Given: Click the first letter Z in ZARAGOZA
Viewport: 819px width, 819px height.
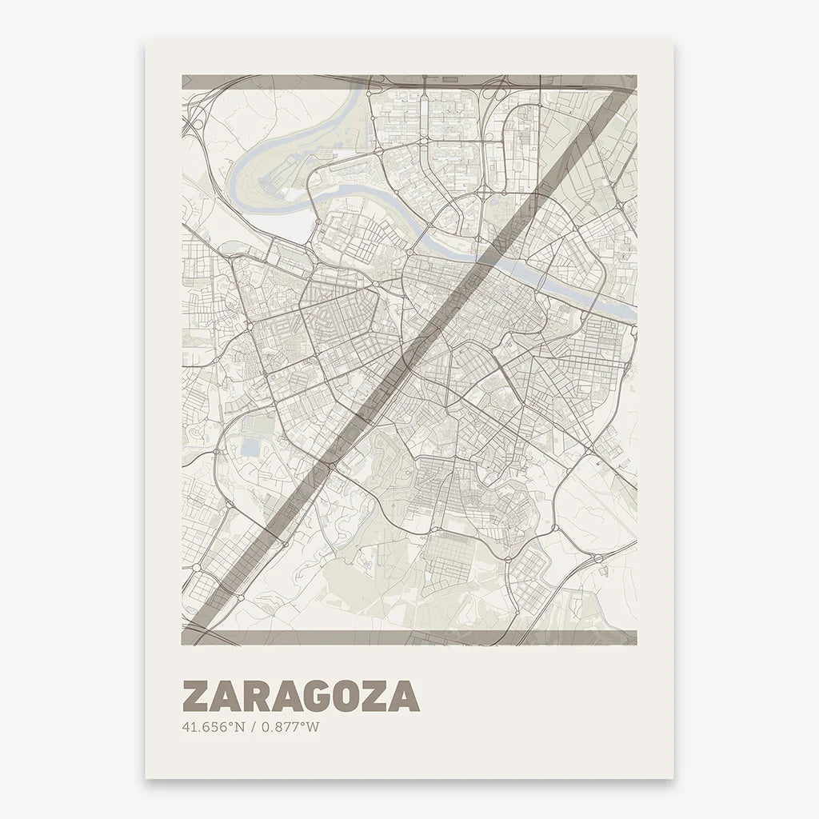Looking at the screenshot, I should pos(197,697).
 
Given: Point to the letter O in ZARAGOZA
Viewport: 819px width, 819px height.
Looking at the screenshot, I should pos(357,697).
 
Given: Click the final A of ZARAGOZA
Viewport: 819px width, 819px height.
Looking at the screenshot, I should pos(405,697).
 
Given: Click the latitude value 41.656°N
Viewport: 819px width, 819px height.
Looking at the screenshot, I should pos(213,727).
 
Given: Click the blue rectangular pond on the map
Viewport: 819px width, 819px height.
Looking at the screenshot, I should pos(250,447).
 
